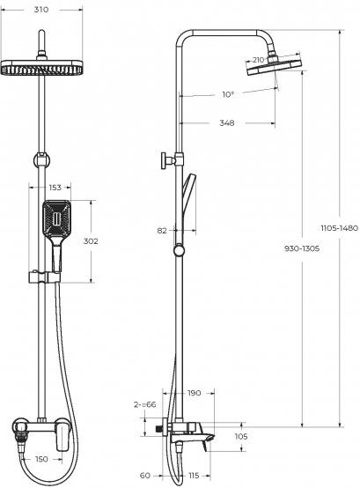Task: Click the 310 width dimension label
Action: [x=41, y=10]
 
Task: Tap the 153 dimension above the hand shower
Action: [x=55, y=188]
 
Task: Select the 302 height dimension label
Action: [x=91, y=241]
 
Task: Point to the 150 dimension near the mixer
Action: [x=41, y=459]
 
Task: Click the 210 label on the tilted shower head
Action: [x=258, y=59]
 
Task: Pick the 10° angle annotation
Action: [x=228, y=94]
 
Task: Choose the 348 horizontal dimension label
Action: [x=227, y=123]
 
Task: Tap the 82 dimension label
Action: [x=162, y=231]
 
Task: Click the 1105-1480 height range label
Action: [x=340, y=228]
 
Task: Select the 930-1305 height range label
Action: [x=302, y=248]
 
